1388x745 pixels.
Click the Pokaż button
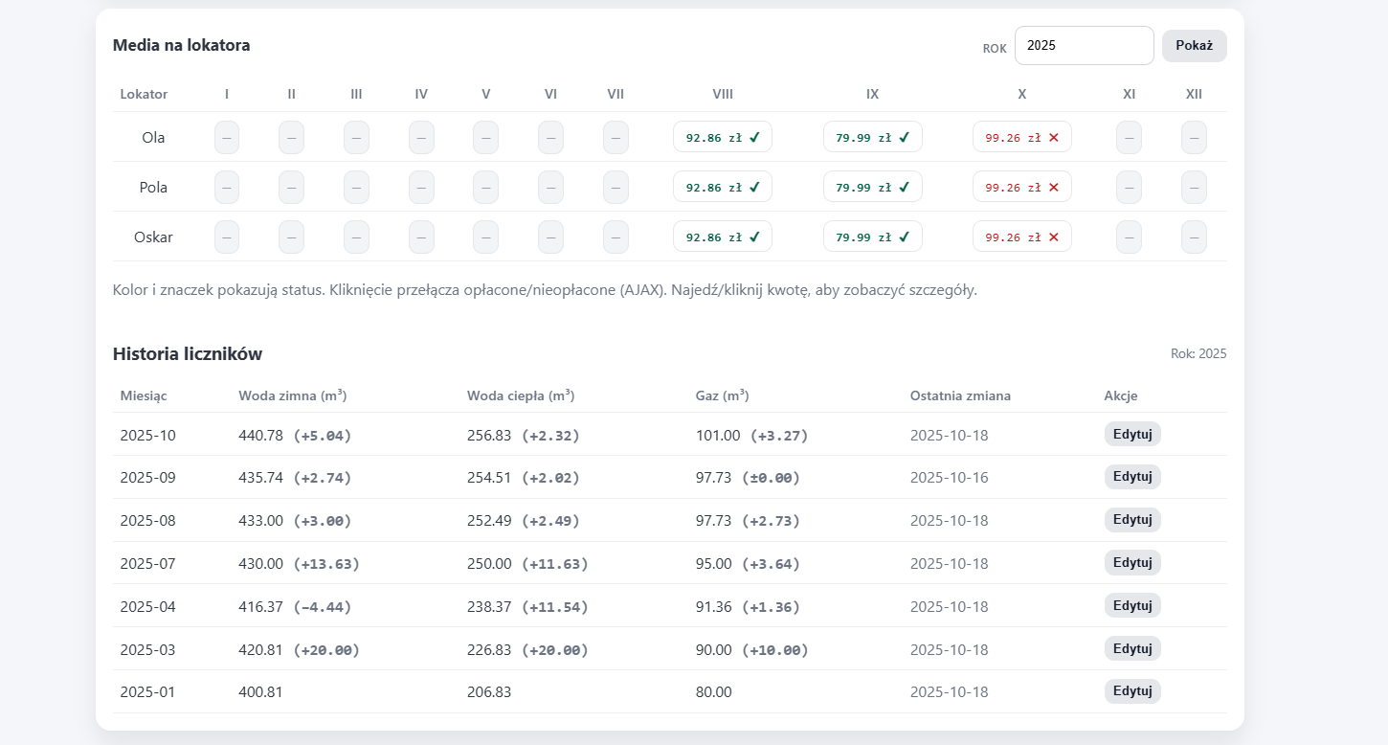tap(1194, 46)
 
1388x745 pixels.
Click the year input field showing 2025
tap(1084, 46)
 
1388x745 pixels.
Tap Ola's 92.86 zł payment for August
tap(722, 137)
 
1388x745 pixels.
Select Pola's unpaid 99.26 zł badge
tap(1021, 187)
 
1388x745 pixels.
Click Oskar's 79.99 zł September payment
tap(872, 237)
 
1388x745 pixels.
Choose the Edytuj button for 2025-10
tap(1131, 434)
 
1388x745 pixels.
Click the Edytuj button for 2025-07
tap(1131, 563)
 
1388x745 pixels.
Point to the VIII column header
tap(723, 94)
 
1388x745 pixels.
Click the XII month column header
tap(1194, 94)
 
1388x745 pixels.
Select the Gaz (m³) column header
tap(722, 395)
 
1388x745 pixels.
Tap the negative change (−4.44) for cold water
tap(322, 607)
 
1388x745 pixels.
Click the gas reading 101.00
tap(718, 436)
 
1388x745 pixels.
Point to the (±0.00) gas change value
tap(771, 478)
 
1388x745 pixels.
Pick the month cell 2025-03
tap(147, 650)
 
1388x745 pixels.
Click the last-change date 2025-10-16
tap(949, 478)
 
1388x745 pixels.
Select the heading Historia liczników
tap(188, 354)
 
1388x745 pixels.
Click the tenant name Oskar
tap(153, 237)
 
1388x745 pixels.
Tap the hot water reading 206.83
tap(489, 692)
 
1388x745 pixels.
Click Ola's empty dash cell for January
tap(227, 137)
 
